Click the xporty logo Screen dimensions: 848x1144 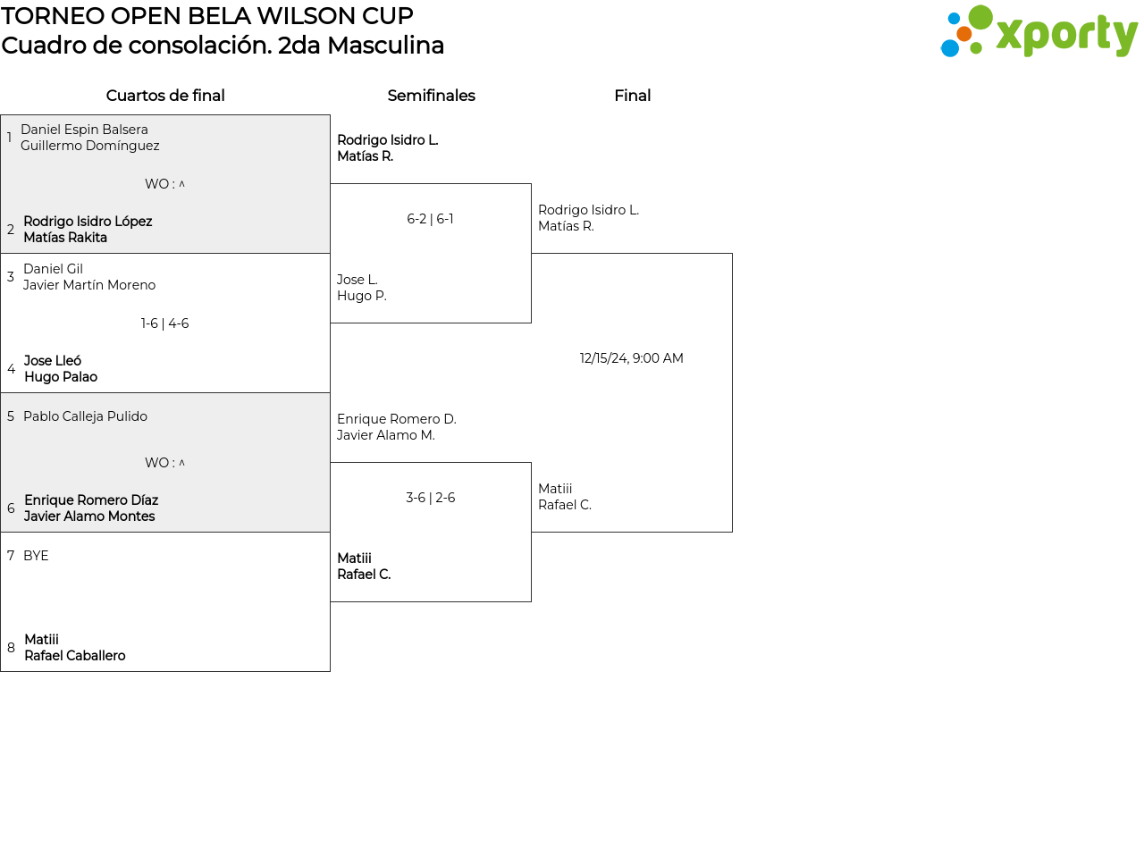point(1039,32)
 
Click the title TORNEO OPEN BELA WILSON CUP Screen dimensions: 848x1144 point(207,16)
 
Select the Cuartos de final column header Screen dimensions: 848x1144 point(165,96)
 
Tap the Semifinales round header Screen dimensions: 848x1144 point(431,96)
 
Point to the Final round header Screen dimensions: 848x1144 point(632,96)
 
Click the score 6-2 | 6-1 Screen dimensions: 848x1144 point(430,219)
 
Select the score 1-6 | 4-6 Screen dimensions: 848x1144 point(165,323)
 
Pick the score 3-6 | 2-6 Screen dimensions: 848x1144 point(430,498)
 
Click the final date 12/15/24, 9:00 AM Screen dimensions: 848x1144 point(631,358)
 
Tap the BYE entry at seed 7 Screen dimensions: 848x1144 point(36,556)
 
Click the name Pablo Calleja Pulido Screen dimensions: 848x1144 point(85,416)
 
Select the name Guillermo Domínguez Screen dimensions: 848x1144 point(90,146)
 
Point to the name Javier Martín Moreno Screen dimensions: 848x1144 point(89,285)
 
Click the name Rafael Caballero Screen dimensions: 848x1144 point(75,656)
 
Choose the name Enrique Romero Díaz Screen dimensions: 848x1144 point(91,500)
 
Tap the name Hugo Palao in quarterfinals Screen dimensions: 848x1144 point(61,377)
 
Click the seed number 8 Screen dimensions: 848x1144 point(11,648)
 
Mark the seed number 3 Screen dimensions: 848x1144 point(11,277)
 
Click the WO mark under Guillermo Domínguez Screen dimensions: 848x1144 point(165,184)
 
